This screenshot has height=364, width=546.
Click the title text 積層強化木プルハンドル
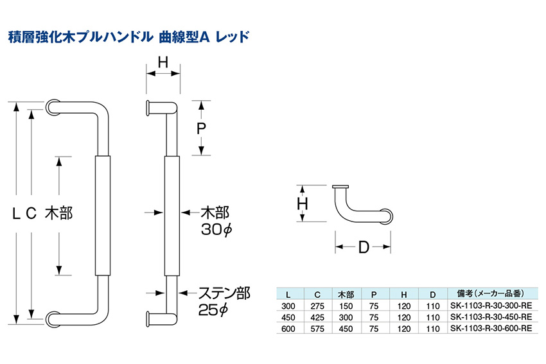pyautogui.click(x=81, y=37)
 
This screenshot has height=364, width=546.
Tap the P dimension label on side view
pyautogui.click(x=201, y=128)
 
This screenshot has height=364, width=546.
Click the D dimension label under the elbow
pyautogui.click(x=363, y=247)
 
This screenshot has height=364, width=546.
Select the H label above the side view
pyautogui.click(x=163, y=63)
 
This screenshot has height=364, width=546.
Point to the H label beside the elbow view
pyautogui.click(x=303, y=204)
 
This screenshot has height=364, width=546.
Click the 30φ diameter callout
pyautogui.click(x=216, y=229)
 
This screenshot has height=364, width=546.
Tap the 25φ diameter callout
pyautogui.click(x=213, y=309)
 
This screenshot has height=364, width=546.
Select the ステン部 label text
pyautogui.click(x=224, y=293)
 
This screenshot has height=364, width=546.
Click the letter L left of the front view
pyautogui.click(x=16, y=213)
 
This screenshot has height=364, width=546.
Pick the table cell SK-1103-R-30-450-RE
pyautogui.click(x=491, y=317)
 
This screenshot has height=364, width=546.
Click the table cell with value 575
pyautogui.click(x=317, y=329)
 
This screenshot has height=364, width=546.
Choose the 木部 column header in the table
pyautogui.click(x=346, y=295)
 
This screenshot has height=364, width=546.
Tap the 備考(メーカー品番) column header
pyautogui.click(x=490, y=294)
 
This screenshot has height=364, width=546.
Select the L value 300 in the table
pyautogui.click(x=288, y=306)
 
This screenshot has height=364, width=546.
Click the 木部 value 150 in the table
pyautogui.click(x=346, y=306)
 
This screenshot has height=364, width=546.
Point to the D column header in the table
pyautogui.click(x=432, y=295)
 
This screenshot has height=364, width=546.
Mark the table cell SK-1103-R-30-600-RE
pyautogui.click(x=491, y=328)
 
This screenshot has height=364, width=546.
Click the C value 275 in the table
pyautogui.click(x=317, y=306)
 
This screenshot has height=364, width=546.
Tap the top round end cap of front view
pyautogui.click(x=53, y=107)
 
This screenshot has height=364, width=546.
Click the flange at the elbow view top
pyautogui.click(x=340, y=187)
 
